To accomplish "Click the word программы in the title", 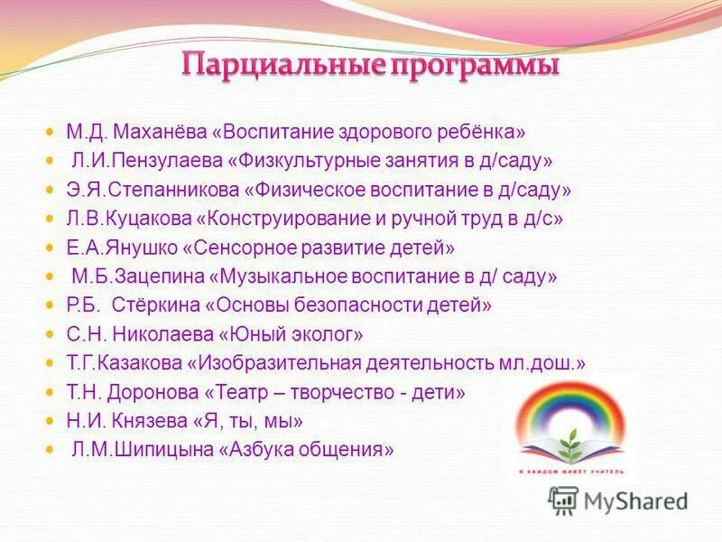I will click(x=473, y=66).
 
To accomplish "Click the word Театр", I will click(x=251, y=392).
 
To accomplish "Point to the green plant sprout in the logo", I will click(x=570, y=442).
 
